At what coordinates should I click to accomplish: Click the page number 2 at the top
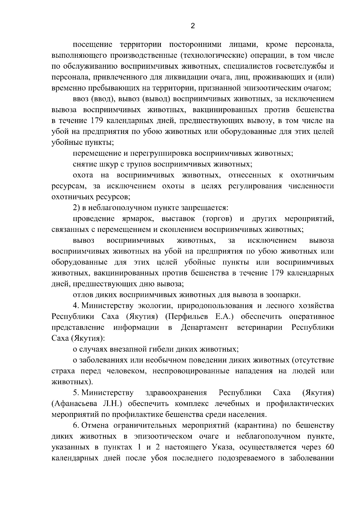click(x=193, y=26)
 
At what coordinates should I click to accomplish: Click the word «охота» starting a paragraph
click(x=83, y=175)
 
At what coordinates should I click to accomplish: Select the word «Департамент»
click(x=204, y=327)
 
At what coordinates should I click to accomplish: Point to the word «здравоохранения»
click(x=176, y=393)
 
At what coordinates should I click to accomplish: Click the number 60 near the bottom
click(x=329, y=447)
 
